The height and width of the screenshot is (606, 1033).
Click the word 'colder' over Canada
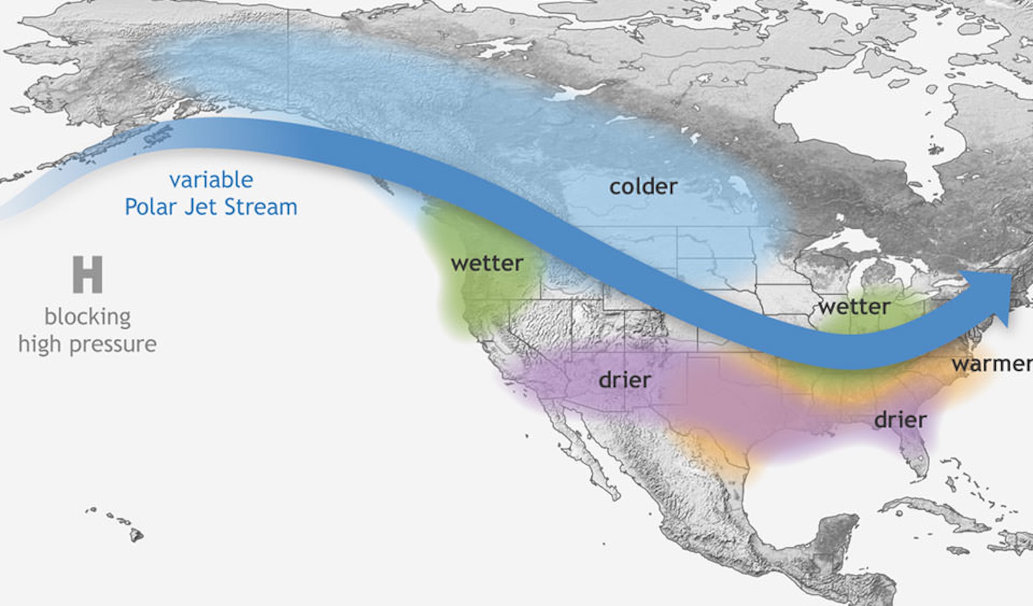click(643, 187)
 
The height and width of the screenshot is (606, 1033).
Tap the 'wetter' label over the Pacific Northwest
click(487, 263)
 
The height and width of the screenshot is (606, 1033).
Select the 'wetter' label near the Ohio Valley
click(854, 307)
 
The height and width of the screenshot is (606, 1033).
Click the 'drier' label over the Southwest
click(624, 380)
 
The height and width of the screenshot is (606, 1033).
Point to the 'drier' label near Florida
click(900, 420)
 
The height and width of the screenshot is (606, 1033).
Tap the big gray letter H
click(87, 275)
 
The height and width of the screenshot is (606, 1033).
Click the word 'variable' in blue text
click(211, 180)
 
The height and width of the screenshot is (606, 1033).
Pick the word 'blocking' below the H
click(88, 317)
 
